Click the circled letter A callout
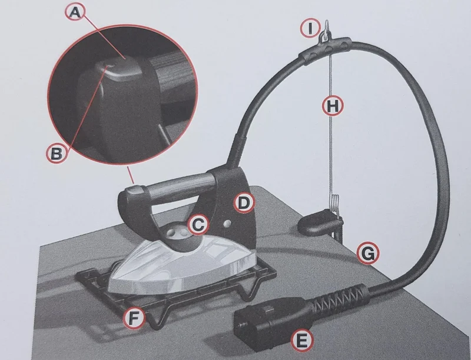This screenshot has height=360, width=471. coord(75,12)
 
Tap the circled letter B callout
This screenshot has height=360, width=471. coord(57,154)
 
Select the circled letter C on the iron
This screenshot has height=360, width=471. coord(198,225)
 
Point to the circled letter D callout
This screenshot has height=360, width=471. coord(244,204)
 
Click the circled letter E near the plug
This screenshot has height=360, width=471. coord(302,341)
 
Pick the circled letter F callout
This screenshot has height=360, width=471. coord(135,318)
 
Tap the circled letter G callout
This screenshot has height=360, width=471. coord(368,254)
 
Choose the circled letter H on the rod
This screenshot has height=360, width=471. coord(333,106)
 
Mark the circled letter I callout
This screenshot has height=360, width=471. coord(310,28)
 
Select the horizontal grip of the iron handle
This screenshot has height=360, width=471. coord(177,185)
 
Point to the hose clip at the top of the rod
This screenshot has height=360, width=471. coord(326,48)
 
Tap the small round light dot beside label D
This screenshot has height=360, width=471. coord(227,224)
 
